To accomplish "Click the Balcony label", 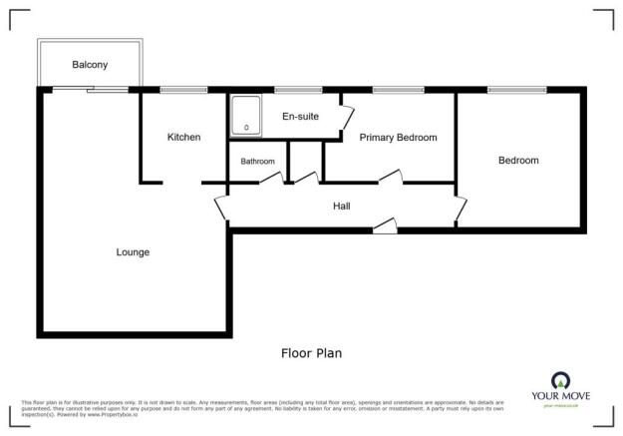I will tap(90, 65).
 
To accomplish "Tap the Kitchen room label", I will tap(183, 137).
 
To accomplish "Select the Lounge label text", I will tap(133, 252).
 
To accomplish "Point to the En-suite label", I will tap(300, 117).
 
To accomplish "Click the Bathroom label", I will tap(257, 161).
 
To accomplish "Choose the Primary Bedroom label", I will tap(399, 138).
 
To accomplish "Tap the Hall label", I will tap(341, 206).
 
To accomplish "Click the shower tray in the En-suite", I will tap(245, 115).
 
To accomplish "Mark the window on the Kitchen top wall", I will tap(184, 90).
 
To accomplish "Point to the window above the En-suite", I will tap(291, 90).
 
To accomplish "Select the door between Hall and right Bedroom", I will tap(461, 210).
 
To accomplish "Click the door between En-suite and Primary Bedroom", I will tap(346, 122).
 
